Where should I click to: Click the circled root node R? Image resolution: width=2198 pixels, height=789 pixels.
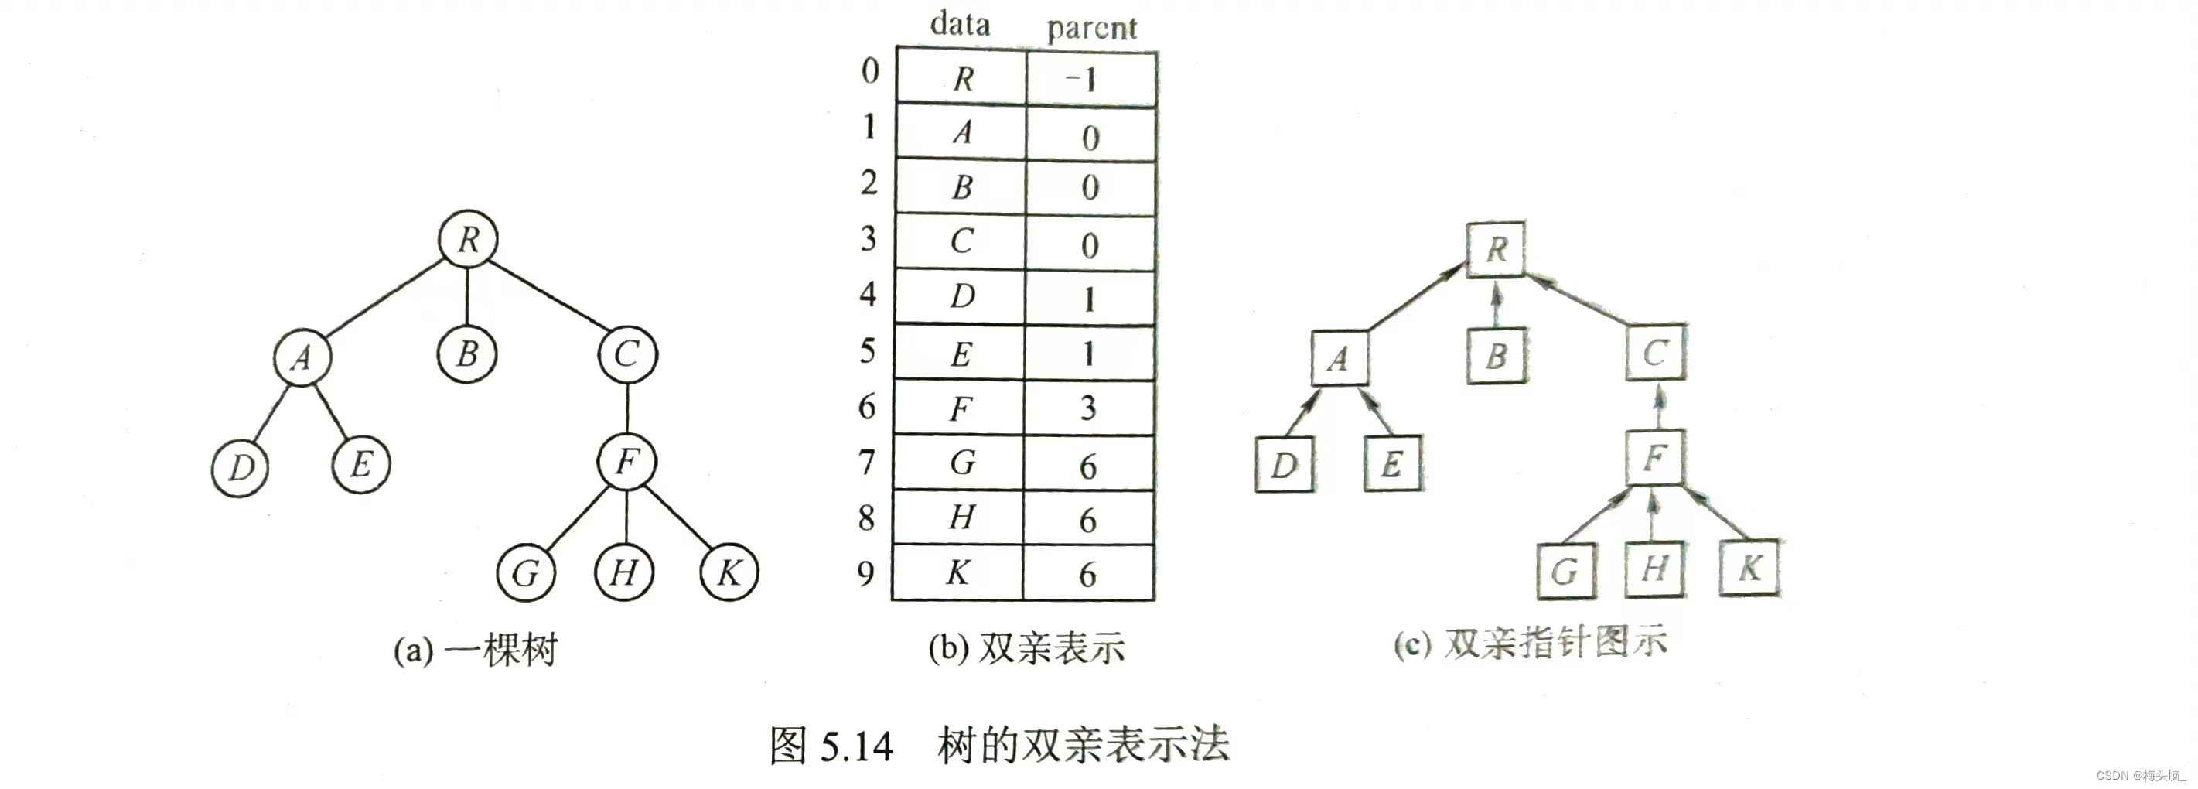tap(468, 239)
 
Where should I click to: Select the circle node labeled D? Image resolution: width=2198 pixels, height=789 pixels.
tap(240, 467)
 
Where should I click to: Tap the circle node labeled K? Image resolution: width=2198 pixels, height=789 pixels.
tap(729, 572)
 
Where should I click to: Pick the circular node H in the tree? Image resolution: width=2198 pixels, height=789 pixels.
tap(623, 572)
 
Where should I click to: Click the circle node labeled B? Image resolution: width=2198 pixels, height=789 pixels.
tap(466, 354)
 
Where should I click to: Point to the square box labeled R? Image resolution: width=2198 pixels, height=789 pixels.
tap(1496, 249)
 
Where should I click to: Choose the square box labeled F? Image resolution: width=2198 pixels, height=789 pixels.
tap(1654, 458)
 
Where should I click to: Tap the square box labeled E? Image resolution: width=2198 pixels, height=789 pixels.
tap(1393, 464)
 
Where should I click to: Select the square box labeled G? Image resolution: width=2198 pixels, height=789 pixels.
tap(1565, 571)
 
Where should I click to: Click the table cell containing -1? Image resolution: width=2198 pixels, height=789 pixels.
tap(1090, 78)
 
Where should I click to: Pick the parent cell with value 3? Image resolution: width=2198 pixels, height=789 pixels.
tap(1089, 408)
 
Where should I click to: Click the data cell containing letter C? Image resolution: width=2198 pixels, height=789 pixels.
tap(961, 241)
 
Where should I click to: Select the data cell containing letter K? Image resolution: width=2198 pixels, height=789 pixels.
tap(957, 572)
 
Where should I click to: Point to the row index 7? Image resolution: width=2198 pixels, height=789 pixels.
tap(867, 463)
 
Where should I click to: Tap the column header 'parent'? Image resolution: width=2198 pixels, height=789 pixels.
tap(1091, 28)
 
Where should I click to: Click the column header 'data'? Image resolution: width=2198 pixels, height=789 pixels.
tap(960, 24)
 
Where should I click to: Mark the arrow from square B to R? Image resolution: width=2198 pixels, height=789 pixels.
tap(1496, 305)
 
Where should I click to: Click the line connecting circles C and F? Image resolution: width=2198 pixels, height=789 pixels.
tap(627, 408)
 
